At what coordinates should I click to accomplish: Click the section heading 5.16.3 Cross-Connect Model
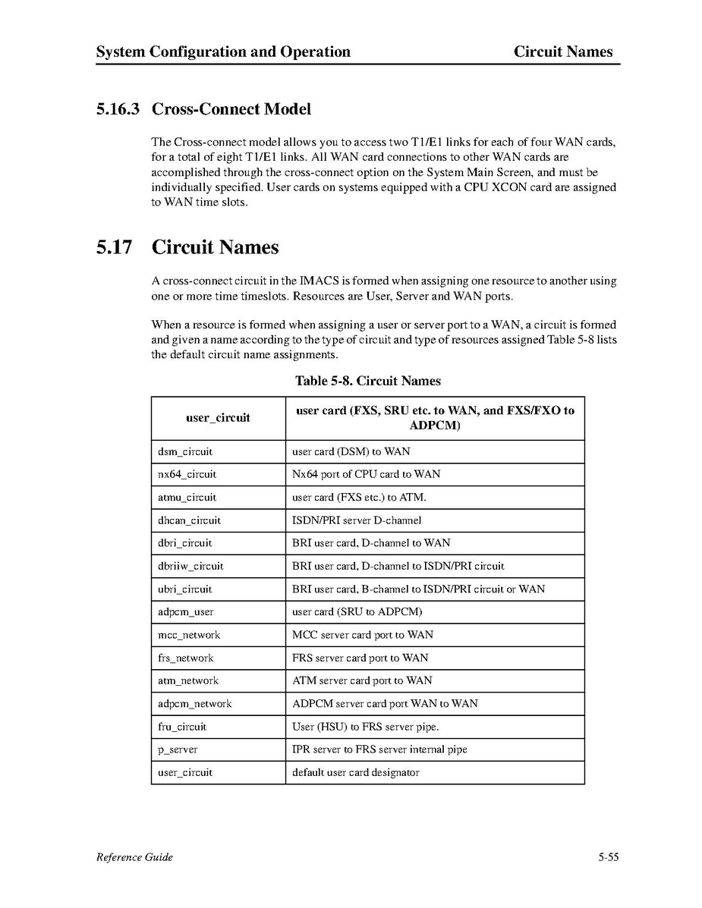coord(203,109)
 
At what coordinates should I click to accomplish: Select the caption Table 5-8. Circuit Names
coord(367,381)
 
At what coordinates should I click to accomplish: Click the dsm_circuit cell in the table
coord(184,451)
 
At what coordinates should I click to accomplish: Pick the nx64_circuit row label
coord(187,474)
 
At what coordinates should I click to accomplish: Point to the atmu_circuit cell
coord(187,498)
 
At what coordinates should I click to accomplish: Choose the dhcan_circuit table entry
coord(189,520)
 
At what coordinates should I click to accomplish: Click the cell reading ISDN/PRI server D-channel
coord(357,520)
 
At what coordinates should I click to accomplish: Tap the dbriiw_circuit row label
coord(190,566)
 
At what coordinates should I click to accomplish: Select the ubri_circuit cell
coord(184,589)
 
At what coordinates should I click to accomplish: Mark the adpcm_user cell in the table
coord(185,611)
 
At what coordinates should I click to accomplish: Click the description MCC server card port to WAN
coord(363,635)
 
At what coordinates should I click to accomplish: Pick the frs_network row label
coord(185,658)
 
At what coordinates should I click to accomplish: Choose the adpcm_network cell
coord(194,703)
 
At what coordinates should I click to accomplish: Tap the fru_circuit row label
coord(181,727)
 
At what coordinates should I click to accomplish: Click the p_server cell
coord(178,749)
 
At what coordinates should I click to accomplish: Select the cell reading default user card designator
coord(356,772)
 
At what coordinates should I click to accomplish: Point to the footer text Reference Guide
coord(134,857)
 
